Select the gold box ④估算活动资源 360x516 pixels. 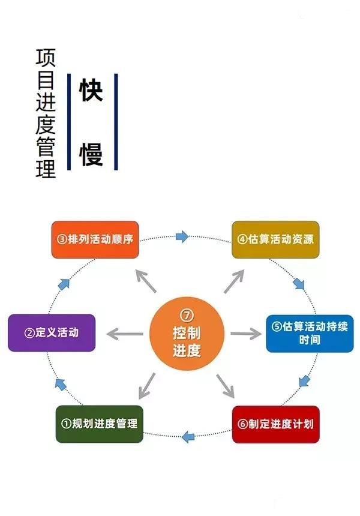pos(275,239)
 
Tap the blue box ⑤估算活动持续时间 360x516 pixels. pos(309,333)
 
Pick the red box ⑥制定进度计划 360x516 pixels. pos(275,424)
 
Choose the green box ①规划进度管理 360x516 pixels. pos(99,424)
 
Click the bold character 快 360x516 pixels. pos(91,91)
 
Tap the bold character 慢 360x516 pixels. pos(91,154)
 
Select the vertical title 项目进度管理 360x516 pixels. pos(46,114)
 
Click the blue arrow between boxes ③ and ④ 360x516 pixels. pos(182,236)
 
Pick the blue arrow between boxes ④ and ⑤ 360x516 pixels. pos(299,283)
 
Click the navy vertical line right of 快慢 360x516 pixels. pos(116,122)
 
